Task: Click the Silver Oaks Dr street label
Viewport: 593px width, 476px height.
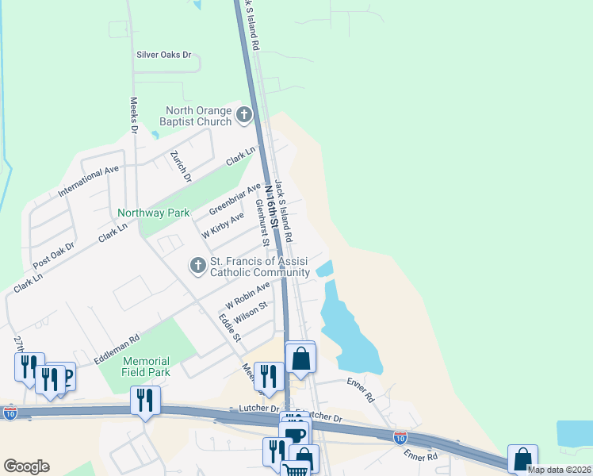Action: pyautogui.click(x=164, y=55)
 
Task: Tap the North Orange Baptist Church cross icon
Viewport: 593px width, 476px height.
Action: pyautogui.click(x=244, y=116)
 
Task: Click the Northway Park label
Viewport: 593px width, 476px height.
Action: pyautogui.click(x=154, y=213)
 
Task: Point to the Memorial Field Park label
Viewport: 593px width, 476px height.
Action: pyautogui.click(x=147, y=366)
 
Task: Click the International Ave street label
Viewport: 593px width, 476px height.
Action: pyautogui.click(x=88, y=182)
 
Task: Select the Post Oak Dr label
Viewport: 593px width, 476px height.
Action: pyautogui.click(x=55, y=256)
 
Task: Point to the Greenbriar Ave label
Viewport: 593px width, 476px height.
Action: pyautogui.click(x=235, y=199)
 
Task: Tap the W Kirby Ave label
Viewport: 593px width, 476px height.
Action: pyautogui.click(x=223, y=225)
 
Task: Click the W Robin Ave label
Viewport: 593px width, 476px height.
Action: pyautogui.click(x=248, y=294)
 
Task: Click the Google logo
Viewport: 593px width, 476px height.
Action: pyautogui.click(x=26, y=466)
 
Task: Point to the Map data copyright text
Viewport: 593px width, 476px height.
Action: pyautogui.click(x=559, y=470)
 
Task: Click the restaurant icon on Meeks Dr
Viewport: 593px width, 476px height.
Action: pyautogui.click(x=270, y=375)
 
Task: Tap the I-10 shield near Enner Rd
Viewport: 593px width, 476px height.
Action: pyautogui.click(x=400, y=437)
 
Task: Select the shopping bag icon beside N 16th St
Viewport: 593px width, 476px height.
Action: pyautogui.click(x=300, y=357)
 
